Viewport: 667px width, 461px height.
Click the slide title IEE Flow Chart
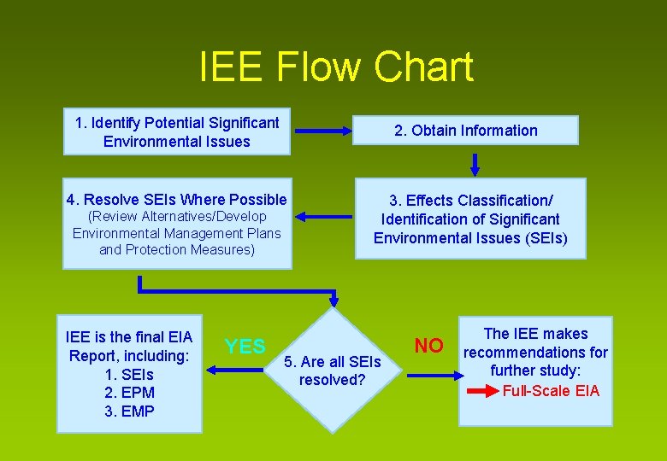coord(335,67)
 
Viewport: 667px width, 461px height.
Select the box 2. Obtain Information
coord(466,131)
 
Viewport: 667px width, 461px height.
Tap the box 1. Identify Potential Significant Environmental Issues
coord(177,131)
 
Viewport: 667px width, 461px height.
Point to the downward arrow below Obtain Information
coord(475,162)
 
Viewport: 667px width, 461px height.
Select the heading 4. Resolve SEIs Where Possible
coord(177,200)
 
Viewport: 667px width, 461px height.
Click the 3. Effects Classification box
coord(470,219)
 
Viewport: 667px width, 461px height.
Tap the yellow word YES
coord(245,346)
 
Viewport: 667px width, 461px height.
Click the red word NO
coord(429,345)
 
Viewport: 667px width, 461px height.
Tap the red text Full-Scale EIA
coord(551,391)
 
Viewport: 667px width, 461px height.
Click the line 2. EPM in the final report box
coord(128,393)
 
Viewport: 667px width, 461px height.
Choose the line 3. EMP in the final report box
coord(128,411)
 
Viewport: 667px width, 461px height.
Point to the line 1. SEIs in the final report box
coord(128,374)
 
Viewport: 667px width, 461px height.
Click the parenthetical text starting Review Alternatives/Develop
coord(177,233)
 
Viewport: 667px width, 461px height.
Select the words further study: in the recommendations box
coord(535,371)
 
